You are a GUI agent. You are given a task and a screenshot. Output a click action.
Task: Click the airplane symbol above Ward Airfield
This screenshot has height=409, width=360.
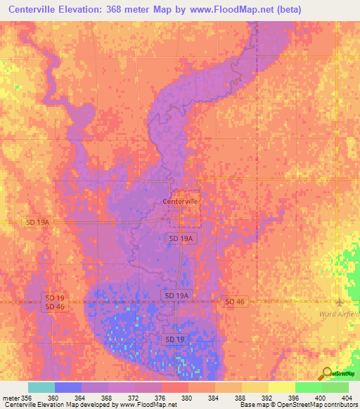point(341,303)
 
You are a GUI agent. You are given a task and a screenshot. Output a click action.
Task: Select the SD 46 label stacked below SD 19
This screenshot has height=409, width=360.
point(56,306)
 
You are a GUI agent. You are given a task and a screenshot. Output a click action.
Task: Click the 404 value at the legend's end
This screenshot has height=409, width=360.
point(345,397)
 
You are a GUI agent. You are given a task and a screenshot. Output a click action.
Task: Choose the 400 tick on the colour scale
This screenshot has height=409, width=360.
point(320,397)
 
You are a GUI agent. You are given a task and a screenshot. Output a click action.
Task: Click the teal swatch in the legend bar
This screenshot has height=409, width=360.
point(41,387)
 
